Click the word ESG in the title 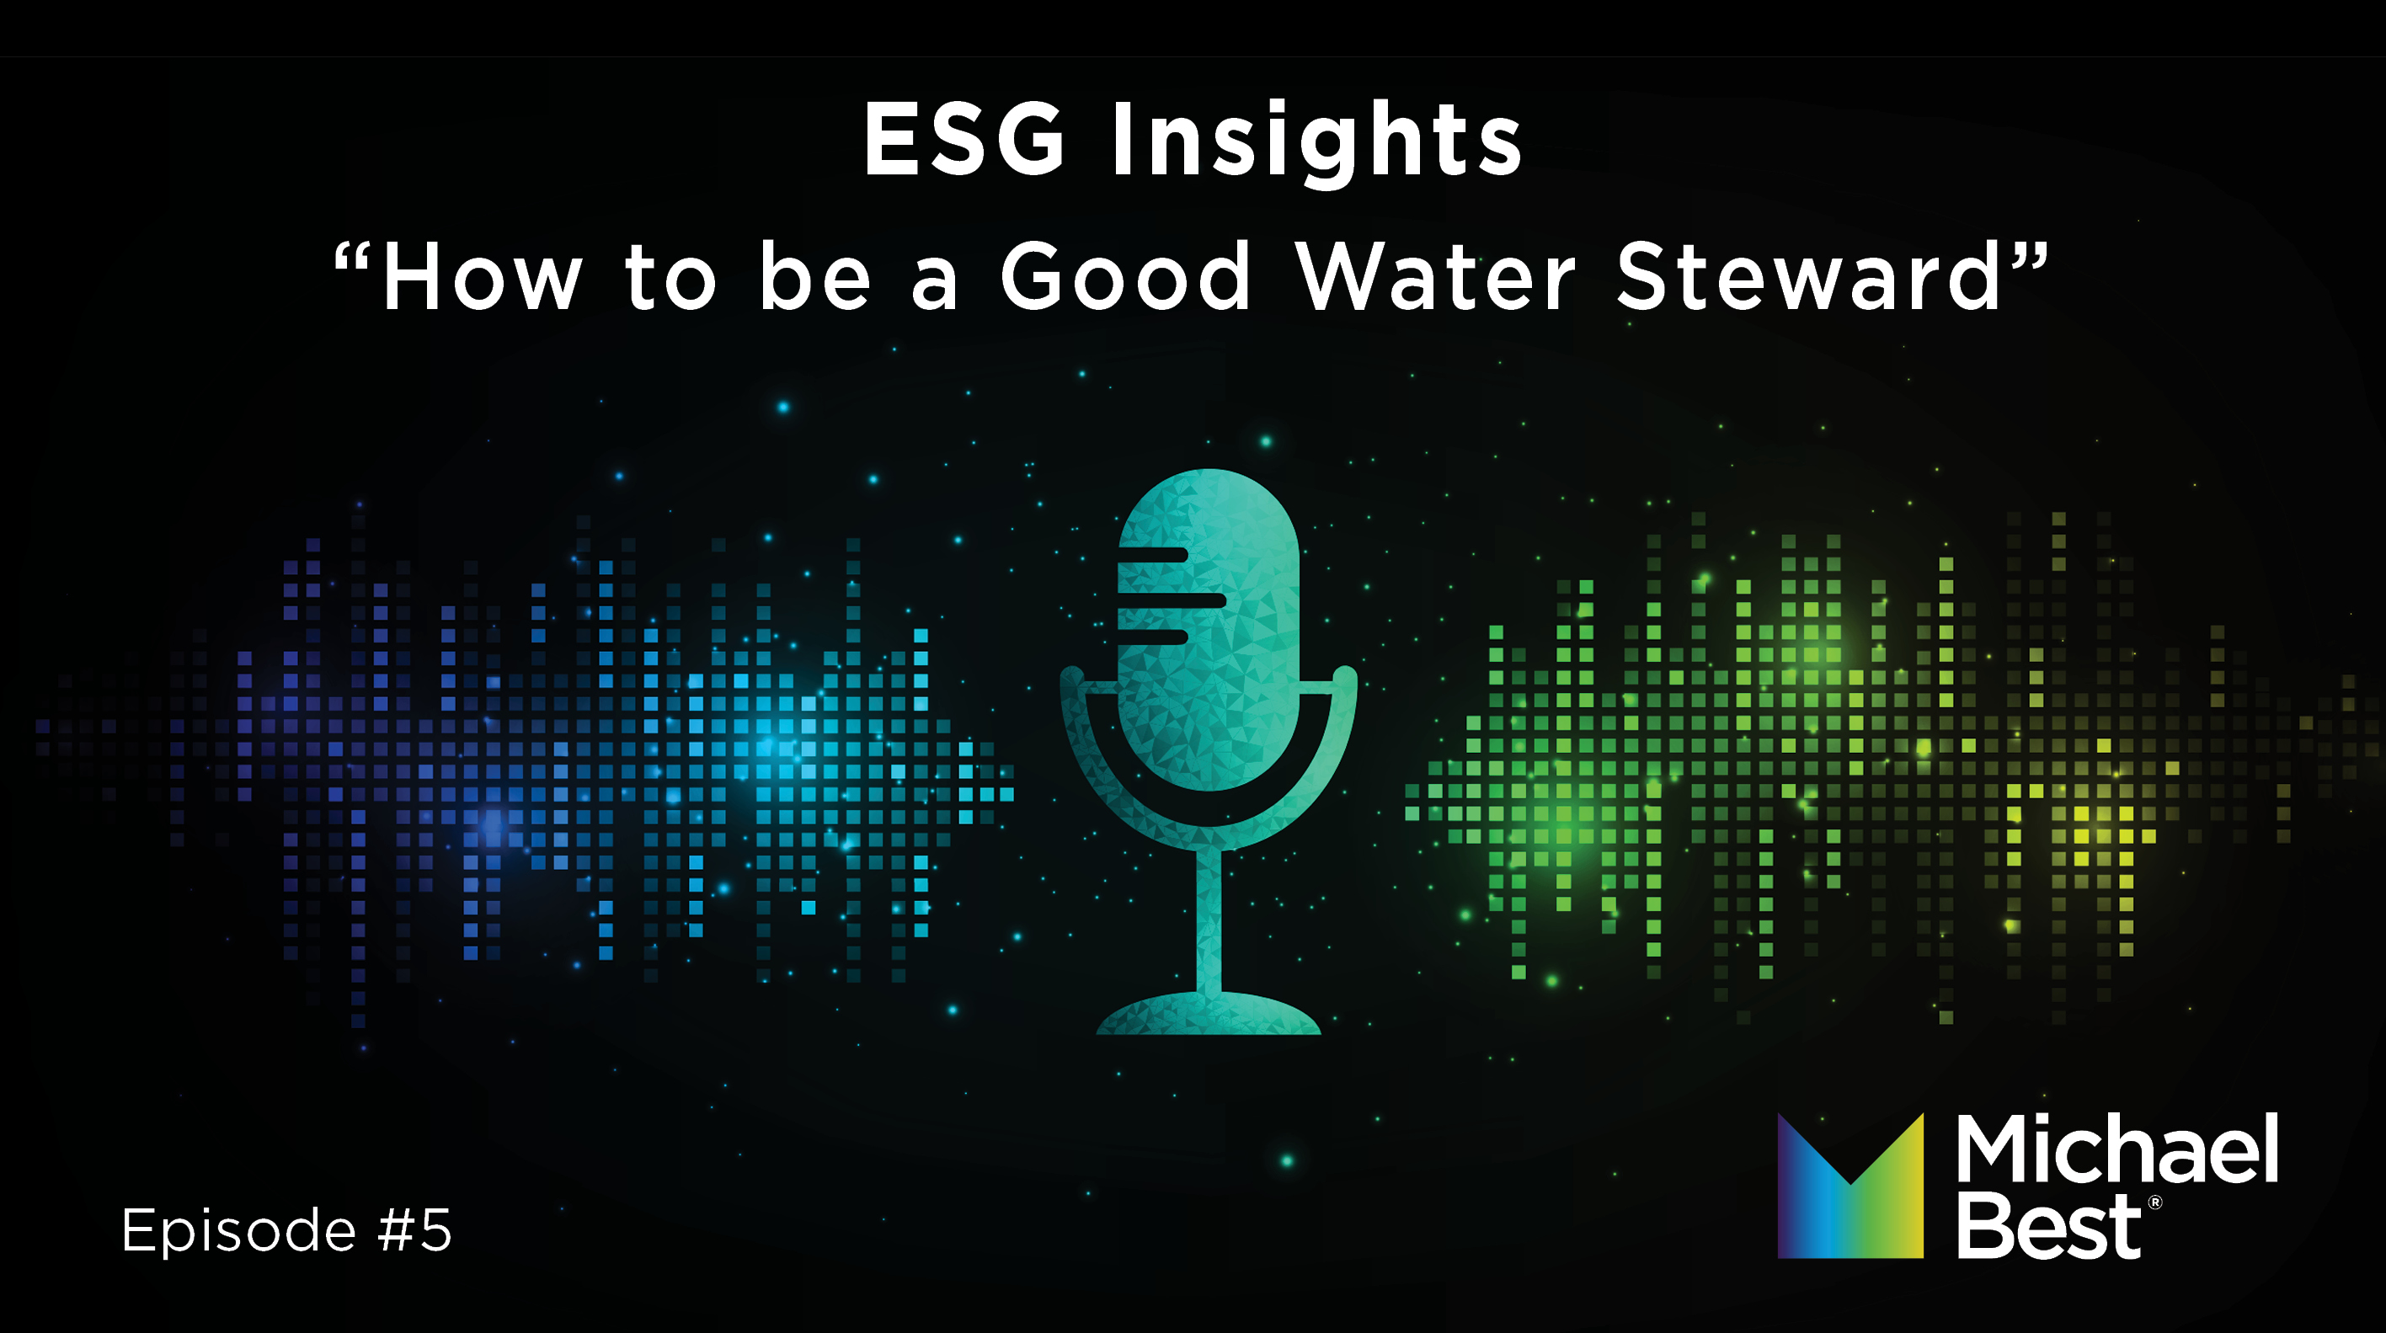click(965, 140)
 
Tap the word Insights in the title click(1316, 140)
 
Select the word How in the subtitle click(483, 277)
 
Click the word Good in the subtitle click(1125, 277)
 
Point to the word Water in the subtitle click(1435, 277)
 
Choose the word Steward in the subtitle click(1810, 277)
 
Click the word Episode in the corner click(239, 1230)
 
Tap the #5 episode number click(415, 1230)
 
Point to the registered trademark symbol click(2154, 1202)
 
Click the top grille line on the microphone click(1153, 555)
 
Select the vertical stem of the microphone click(1209, 917)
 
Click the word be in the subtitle click(814, 277)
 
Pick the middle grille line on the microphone click(1172, 600)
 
